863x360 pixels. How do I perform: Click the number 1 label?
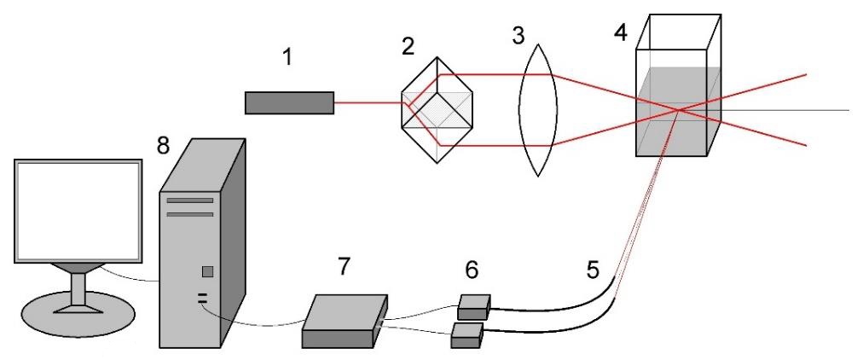pyautogui.click(x=287, y=57)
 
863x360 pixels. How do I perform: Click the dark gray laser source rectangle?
pyautogui.click(x=289, y=103)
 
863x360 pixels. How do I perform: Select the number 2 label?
pyautogui.click(x=408, y=47)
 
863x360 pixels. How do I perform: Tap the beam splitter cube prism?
pyautogui.click(x=437, y=109)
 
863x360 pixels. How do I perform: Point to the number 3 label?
pyautogui.click(x=518, y=37)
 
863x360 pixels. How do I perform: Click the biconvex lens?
pyautogui.click(x=538, y=110)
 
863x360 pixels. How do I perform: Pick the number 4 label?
pyautogui.click(x=620, y=33)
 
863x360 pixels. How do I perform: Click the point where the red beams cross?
pyautogui.click(x=678, y=110)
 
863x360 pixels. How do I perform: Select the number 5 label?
pyautogui.click(x=592, y=270)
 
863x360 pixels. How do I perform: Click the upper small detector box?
pyautogui.click(x=474, y=307)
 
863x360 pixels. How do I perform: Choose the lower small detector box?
pyautogui.click(x=467, y=335)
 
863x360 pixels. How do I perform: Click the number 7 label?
pyautogui.click(x=344, y=266)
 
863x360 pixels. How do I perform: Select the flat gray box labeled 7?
pyautogui.click(x=345, y=321)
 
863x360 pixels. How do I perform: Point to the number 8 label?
pyautogui.click(x=163, y=146)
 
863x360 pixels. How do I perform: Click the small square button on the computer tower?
pyautogui.click(x=207, y=271)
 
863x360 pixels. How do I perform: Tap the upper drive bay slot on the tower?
pyautogui.click(x=190, y=200)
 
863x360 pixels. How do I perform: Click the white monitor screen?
pyautogui.click(x=78, y=211)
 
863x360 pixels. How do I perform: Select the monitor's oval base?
pyautogui.click(x=78, y=314)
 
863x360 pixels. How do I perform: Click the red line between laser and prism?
pyautogui.click(x=368, y=103)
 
